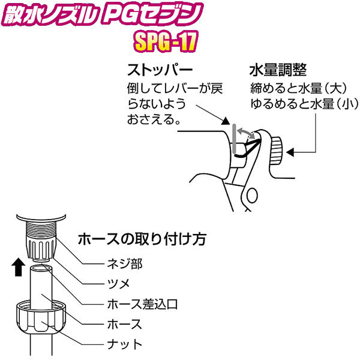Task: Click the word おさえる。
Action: [154, 120]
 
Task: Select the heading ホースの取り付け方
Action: [142, 239]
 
